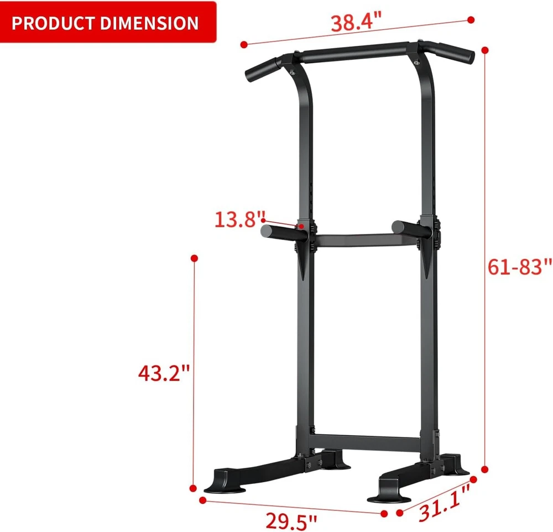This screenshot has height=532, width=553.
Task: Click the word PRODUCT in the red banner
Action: pyautogui.click(x=53, y=23)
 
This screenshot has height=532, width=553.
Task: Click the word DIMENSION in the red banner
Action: pyautogui.click(x=149, y=23)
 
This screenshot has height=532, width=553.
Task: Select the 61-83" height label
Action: pyautogui.click(x=519, y=267)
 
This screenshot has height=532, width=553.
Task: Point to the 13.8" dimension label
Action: pyautogui.click(x=240, y=219)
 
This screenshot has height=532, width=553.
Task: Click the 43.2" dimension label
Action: pyautogui.click(x=164, y=373)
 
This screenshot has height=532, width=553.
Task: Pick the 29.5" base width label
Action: pyautogui.click(x=291, y=521)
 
